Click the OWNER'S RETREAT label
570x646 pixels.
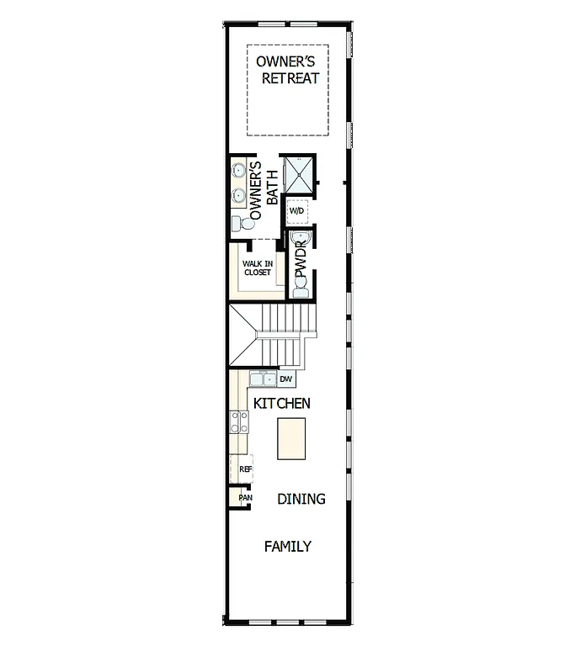289,70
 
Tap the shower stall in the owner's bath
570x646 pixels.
297,174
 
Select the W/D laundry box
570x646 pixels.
297,210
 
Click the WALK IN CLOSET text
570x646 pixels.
258,267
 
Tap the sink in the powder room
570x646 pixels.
301,241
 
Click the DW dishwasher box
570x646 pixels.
285,379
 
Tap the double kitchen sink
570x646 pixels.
262,379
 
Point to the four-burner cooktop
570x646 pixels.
238,421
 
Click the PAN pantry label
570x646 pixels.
244,497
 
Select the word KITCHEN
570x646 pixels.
282,404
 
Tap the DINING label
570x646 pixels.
301,499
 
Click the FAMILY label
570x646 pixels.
287,546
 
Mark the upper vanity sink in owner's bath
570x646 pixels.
239,171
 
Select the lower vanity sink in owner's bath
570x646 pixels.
239,196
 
